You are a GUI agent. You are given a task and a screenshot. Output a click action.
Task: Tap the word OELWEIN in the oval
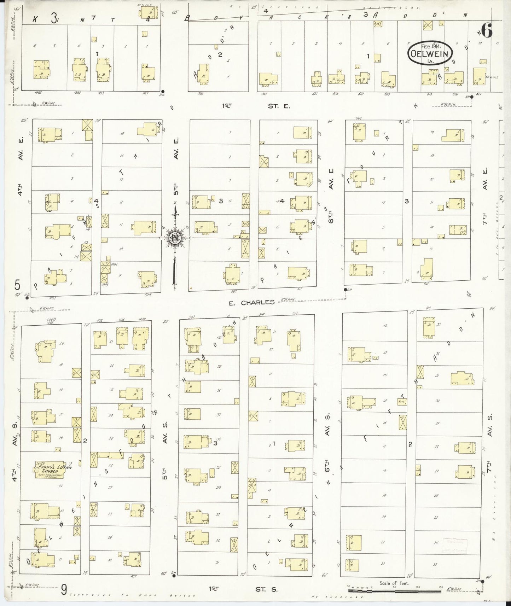coord(430,54)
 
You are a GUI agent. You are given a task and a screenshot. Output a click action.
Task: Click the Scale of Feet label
coord(394,583)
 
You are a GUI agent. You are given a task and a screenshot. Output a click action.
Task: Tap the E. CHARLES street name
coord(252,302)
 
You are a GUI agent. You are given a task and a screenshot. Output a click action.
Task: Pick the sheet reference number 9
coord(64,589)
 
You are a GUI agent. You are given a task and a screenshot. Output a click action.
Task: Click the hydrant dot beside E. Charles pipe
coord(345,290)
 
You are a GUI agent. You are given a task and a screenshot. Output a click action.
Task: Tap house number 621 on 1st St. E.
coord(479,94)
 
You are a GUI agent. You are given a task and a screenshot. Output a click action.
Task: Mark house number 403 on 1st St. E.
coord(39,93)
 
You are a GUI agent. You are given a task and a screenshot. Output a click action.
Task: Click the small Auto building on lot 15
coord(401,401)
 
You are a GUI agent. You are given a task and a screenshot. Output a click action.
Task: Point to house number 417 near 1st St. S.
coord(133,577)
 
